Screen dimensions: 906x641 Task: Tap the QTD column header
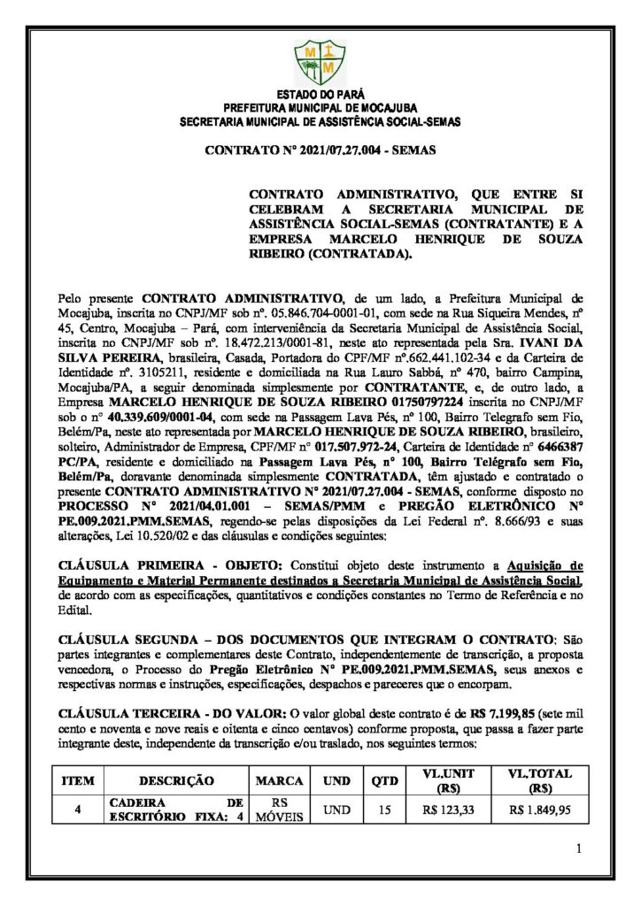[x=380, y=781]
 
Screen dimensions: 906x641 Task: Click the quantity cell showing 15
[x=380, y=809]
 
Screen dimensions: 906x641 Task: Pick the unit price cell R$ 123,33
[x=448, y=809]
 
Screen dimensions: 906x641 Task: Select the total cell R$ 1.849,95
[x=540, y=809]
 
